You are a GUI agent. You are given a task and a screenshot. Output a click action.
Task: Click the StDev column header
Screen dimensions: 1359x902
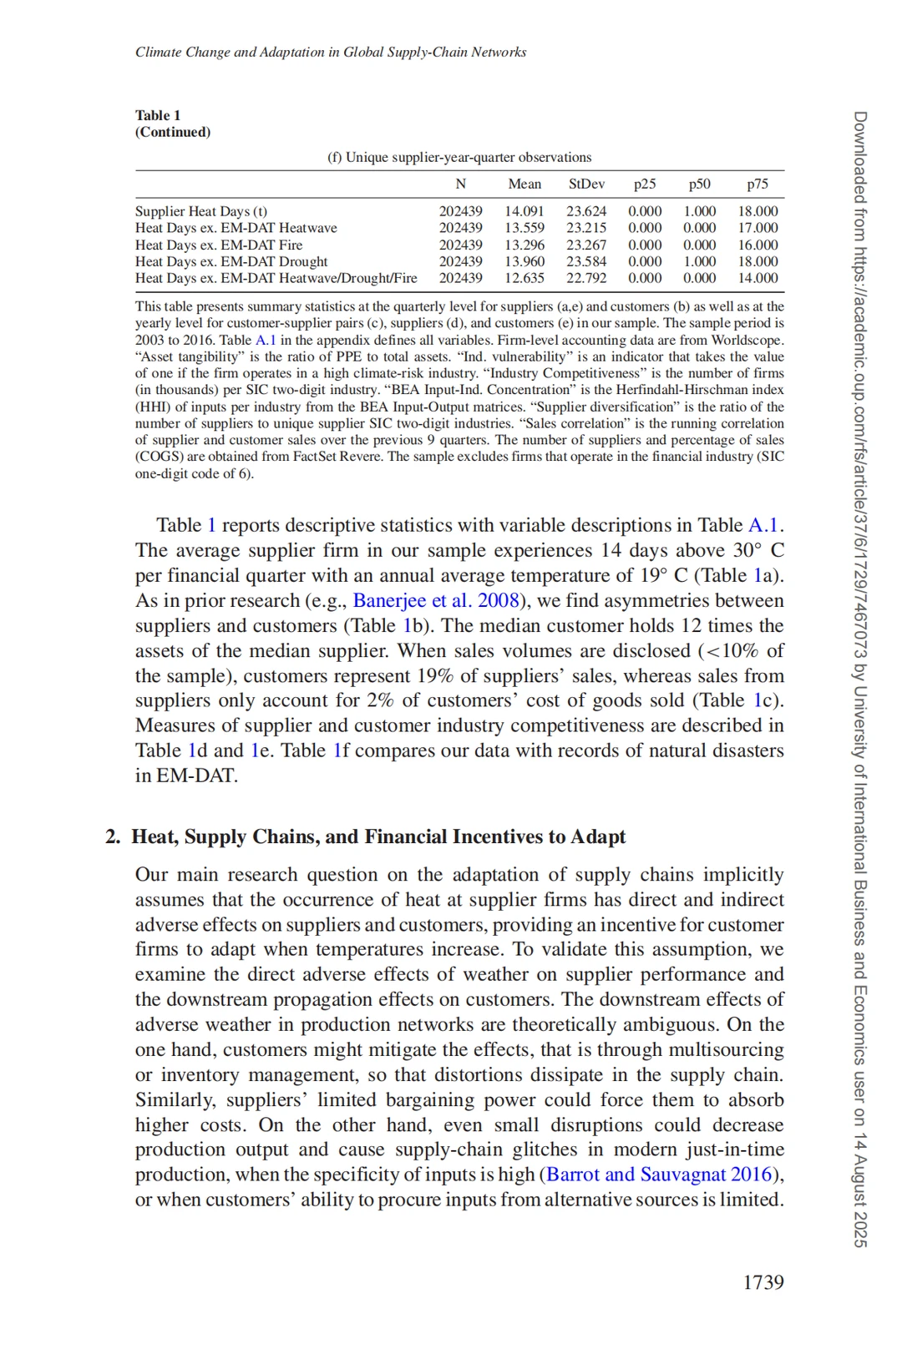(x=586, y=184)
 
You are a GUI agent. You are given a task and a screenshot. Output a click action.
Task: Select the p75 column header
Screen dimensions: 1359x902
(x=758, y=184)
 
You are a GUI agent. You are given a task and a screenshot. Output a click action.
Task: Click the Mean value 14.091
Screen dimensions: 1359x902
(x=524, y=212)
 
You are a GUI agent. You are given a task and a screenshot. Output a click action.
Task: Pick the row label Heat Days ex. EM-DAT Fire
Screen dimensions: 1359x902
(x=219, y=245)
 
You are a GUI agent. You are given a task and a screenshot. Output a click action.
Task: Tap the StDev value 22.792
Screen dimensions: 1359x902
(x=586, y=279)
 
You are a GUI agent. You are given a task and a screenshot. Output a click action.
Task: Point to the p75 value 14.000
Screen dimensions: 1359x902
(x=758, y=279)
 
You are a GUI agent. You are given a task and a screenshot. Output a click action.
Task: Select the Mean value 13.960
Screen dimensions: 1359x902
(x=524, y=262)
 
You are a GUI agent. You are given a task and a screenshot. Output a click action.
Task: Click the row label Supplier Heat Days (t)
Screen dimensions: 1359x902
(x=201, y=212)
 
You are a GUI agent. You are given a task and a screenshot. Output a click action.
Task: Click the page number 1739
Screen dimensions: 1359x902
(x=763, y=1282)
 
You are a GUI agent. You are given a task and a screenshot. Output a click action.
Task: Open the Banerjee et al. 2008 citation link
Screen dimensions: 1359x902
(x=436, y=601)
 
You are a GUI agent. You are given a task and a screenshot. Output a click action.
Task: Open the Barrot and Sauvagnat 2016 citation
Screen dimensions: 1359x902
(x=660, y=1175)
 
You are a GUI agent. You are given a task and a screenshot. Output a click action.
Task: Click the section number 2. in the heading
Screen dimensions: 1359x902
(x=113, y=837)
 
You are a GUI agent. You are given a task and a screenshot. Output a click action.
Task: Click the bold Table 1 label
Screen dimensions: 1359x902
(x=158, y=115)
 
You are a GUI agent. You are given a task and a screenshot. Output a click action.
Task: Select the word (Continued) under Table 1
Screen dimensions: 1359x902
(x=173, y=132)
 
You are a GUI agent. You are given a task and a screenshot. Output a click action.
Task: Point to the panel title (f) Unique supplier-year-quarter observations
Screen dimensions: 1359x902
(x=459, y=157)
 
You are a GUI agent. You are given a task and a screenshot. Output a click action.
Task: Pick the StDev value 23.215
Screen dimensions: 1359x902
(x=586, y=229)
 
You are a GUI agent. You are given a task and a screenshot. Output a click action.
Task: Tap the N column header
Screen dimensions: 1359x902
(x=460, y=184)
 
